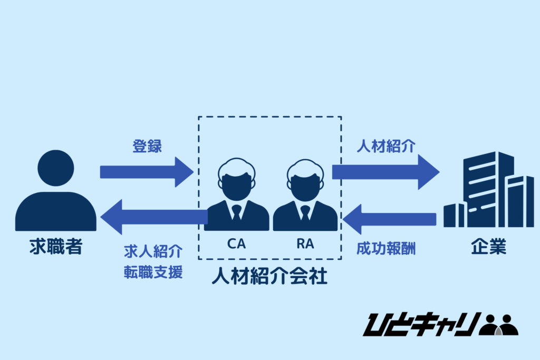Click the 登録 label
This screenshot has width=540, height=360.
147,147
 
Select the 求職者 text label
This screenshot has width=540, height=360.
56,247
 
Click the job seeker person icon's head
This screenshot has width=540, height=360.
56,168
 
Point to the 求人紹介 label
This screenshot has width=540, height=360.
153,252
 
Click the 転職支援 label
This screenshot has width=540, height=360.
153,273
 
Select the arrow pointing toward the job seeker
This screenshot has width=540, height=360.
153,216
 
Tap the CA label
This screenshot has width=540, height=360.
236,245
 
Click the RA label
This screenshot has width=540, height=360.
305,245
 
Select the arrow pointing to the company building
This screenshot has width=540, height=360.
385,172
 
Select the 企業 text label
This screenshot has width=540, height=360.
488,247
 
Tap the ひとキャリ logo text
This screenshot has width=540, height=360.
421,324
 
